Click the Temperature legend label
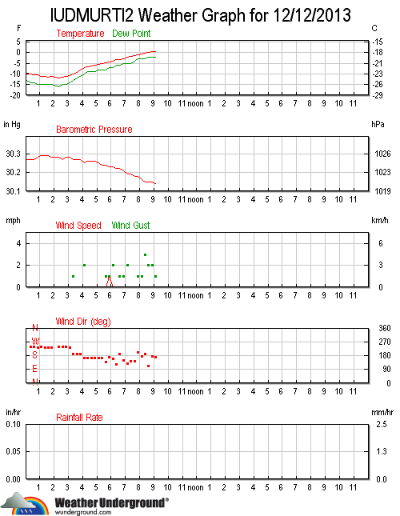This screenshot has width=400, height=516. [80, 34]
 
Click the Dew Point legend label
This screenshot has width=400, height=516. [131, 34]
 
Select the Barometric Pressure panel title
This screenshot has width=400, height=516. [94, 130]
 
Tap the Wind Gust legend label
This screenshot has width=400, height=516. [130, 226]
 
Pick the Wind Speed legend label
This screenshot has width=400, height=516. [78, 226]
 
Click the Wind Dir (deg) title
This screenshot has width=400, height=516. [83, 322]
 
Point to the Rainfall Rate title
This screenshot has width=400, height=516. [79, 418]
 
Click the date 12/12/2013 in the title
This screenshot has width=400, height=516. [312, 15]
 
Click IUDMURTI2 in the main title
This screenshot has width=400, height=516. [92, 15]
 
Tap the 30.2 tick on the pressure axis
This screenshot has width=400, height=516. [13, 172]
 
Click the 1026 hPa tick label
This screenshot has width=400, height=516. [382, 154]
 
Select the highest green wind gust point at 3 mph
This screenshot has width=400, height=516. [145, 254]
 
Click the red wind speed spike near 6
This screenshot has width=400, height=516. [110, 282]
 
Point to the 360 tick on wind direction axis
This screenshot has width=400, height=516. [385, 328]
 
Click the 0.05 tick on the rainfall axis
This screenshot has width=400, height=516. [13, 451]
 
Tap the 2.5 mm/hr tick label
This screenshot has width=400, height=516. [382, 424]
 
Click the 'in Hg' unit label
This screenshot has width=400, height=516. [12, 124]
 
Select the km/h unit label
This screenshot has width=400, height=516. [380, 220]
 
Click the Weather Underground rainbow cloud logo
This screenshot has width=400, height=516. [25, 503]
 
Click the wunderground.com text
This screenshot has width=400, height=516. [83, 512]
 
